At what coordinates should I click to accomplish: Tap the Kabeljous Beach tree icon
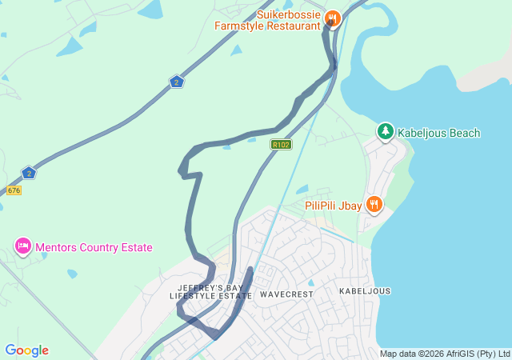tap(386, 131)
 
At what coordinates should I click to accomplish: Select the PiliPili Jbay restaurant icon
tap(374, 205)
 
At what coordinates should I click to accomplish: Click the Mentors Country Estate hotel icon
tap(22, 246)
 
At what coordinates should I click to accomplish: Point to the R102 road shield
tap(281, 145)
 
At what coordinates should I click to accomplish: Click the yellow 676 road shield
tap(14, 190)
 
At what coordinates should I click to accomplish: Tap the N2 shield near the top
tap(177, 82)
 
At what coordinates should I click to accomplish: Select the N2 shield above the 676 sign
tap(29, 173)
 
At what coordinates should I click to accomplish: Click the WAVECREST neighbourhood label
tap(286, 294)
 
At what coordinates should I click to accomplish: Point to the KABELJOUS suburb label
tap(365, 291)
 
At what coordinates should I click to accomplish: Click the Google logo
tap(26, 350)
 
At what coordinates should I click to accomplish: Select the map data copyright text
tap(445, 354)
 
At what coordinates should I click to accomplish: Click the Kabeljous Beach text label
tap(439, 133)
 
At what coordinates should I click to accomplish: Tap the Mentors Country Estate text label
tap(93, 248)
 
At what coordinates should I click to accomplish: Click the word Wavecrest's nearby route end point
tap(250, 270)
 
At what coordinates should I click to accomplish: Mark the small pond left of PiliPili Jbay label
tap(301, 190)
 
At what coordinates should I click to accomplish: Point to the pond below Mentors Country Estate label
tap(72, 274)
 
